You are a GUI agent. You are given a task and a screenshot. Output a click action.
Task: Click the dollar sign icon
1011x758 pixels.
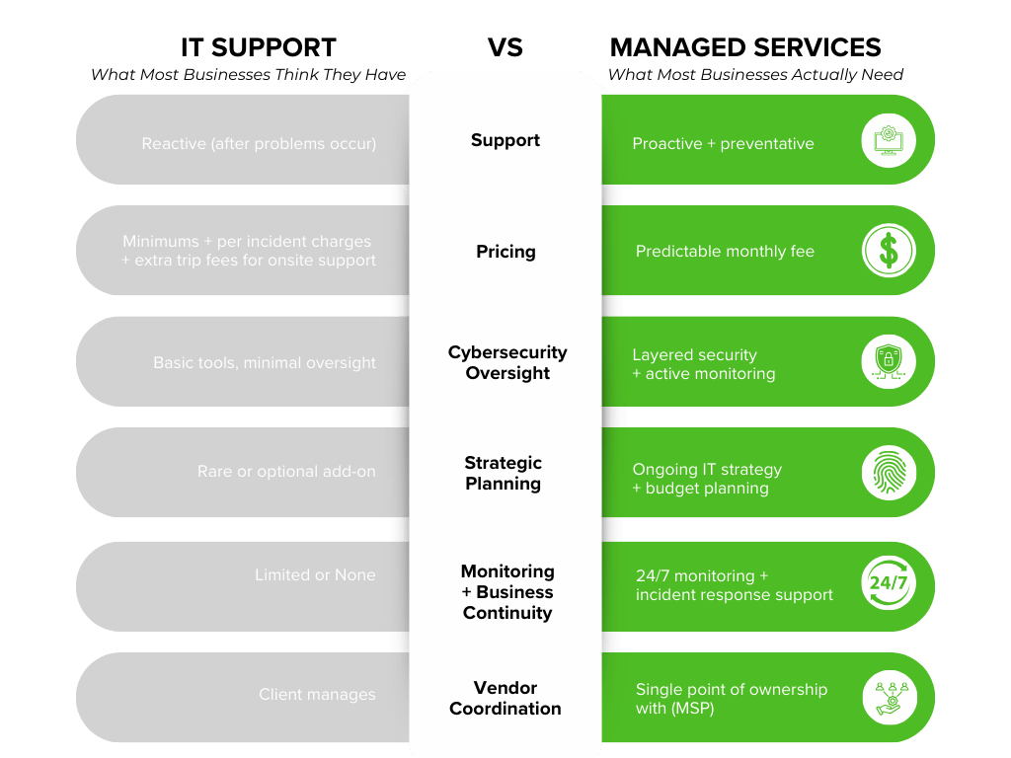tap(889, 251)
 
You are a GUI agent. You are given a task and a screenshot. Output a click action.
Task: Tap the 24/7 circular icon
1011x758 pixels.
tap(889, 583)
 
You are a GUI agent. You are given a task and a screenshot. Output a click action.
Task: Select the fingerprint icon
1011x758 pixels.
tap(889, 473)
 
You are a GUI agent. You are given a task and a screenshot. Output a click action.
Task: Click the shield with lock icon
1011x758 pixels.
tap(889, 362)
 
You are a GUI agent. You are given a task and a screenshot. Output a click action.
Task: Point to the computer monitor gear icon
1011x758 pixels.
tap(889, 140)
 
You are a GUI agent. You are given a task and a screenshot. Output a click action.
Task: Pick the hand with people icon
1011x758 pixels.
tap(889, 697)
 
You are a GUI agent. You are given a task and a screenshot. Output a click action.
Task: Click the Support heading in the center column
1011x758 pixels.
tap(505, 140)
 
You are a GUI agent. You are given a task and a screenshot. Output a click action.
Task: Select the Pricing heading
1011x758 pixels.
tap(505, 252)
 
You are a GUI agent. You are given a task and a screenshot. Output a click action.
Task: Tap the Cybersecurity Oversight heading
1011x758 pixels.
tap(507, 362)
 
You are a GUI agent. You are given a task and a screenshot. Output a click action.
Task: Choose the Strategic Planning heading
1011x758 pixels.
tap(504, 473)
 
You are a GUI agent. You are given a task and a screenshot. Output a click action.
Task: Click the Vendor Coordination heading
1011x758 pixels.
tap(505, 698)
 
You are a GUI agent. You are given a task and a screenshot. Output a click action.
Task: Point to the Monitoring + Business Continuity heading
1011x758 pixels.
tap(507, 592)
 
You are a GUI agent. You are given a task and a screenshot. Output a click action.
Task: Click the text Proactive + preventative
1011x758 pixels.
tap(723, 144)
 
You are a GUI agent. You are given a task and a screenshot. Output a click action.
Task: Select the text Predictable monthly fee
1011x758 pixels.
tap(725, 252)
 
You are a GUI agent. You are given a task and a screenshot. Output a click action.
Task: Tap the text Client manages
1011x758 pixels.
tap(317, 695)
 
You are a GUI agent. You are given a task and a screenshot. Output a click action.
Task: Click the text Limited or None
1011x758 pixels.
tap(315, 574)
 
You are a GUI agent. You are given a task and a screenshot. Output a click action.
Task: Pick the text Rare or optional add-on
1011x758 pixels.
tap(286, 472)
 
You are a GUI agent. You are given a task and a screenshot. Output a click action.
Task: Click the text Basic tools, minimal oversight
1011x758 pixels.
tap(265, 363)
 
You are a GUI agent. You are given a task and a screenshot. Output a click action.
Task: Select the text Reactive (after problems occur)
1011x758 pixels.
tap(259, 144)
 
